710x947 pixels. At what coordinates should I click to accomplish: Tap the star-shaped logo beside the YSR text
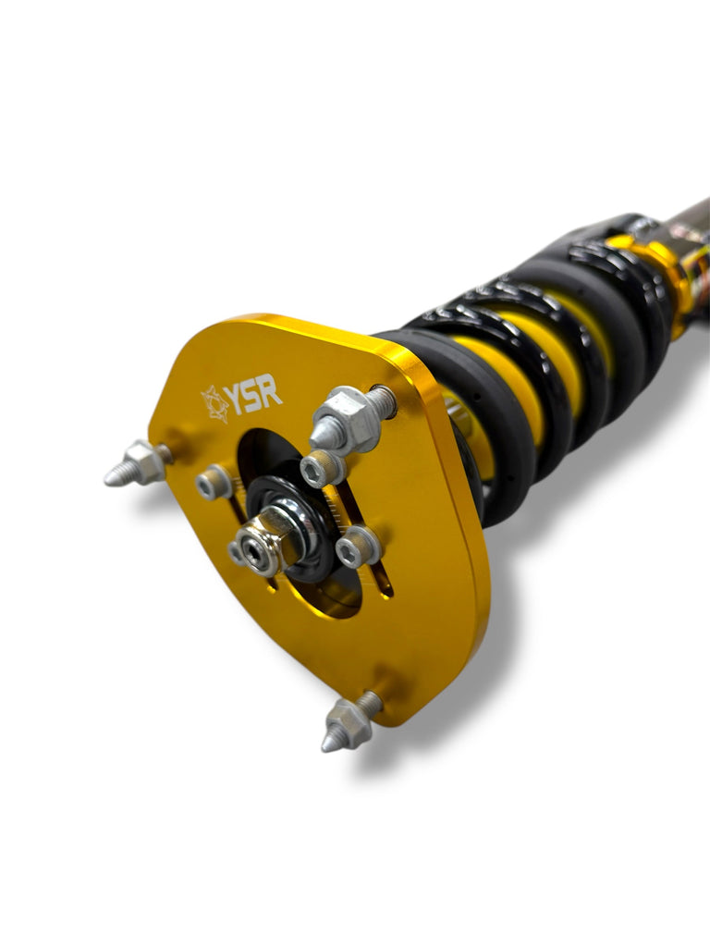tap(215, 404)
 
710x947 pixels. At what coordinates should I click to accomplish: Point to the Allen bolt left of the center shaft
tap(214, 482)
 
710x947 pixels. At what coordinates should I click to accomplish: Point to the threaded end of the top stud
tap(380, 400)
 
